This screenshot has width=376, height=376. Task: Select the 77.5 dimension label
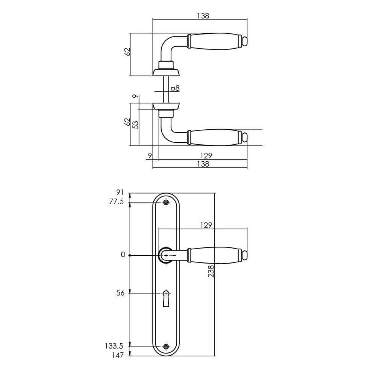(x=117, y=202)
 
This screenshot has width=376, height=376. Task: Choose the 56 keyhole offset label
(x=120, y=294)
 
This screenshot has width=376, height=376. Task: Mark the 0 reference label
(x=123, y=255)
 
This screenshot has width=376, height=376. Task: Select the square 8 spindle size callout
(x=175, y=89)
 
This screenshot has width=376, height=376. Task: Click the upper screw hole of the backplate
(x=166, y=203)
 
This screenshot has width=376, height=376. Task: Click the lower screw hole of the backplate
(x=166, y=346)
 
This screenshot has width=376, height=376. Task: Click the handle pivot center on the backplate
(x=166, y=255)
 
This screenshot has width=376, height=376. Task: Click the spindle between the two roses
(x=165, y=89)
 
